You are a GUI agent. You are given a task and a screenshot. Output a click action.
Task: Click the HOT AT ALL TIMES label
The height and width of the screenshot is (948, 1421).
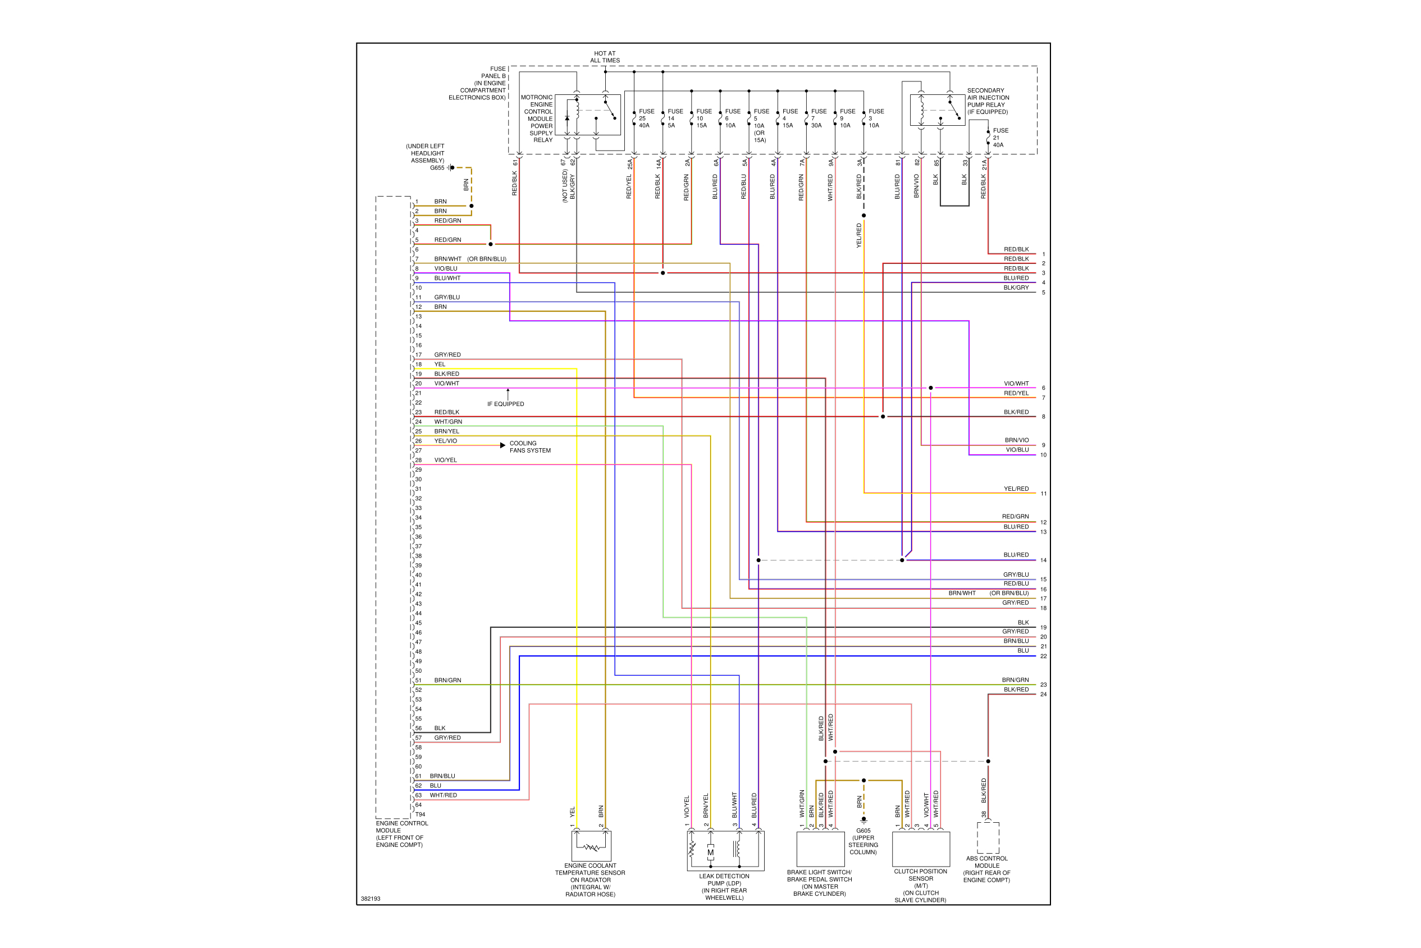pyautogui.click(x=605, y=57)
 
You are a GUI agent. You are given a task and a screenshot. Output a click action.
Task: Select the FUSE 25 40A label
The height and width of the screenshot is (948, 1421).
pyautogui.click(x=646, y=118)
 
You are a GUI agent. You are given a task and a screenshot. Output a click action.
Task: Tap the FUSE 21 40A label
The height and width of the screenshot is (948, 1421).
pyautogui.click(x=1000, y=138)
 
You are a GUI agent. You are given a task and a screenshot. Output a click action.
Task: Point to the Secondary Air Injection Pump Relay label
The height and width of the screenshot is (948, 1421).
pyautogui.click(x=988, y=101)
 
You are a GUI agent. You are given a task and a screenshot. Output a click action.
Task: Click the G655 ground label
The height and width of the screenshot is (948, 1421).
pyautogui.click(x=436, y=168)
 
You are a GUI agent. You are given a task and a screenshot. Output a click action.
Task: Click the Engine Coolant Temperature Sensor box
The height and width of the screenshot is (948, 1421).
pyautogui.click(x=591, y=846)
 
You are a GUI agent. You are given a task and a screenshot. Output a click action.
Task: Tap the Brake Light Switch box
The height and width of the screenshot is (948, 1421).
pyautogui.click(x=820, y=849)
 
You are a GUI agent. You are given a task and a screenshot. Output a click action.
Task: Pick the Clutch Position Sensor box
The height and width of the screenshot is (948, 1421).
pyautogui.click(x=921, y=849)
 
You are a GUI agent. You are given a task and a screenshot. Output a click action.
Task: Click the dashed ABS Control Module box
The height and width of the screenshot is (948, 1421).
pyautogui.click(x=988, y=837)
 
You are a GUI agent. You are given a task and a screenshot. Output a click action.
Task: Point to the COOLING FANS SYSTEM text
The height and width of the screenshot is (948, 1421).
pyautogui.click(x=529, y=447)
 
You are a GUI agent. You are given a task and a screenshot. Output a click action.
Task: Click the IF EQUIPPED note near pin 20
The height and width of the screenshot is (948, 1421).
pyautogui.click(x=505, y=404)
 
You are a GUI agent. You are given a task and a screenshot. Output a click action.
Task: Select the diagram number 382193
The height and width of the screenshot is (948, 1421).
pyautogui.click(x=371, y=899)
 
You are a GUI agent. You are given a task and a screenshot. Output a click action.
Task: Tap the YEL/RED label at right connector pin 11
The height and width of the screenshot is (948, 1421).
pyautogui.click(x=1016, y=489)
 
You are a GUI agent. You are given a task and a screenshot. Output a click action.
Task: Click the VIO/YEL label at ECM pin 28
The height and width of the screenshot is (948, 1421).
pyautogui.click(x=445, y=460)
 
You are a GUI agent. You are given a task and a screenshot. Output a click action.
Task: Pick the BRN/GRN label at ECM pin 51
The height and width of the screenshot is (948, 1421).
pyautogui.click(x=447, y=680)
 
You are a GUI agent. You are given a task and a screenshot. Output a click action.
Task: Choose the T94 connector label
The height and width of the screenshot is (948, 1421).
pyautogui.click(x=420, y=814)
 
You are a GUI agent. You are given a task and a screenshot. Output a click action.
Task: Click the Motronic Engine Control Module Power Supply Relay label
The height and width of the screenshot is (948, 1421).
pyautogui.click(x=537, y=118)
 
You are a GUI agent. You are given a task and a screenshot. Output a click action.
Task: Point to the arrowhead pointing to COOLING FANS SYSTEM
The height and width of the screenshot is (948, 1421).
pyautogui.click(x=502, y=445)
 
